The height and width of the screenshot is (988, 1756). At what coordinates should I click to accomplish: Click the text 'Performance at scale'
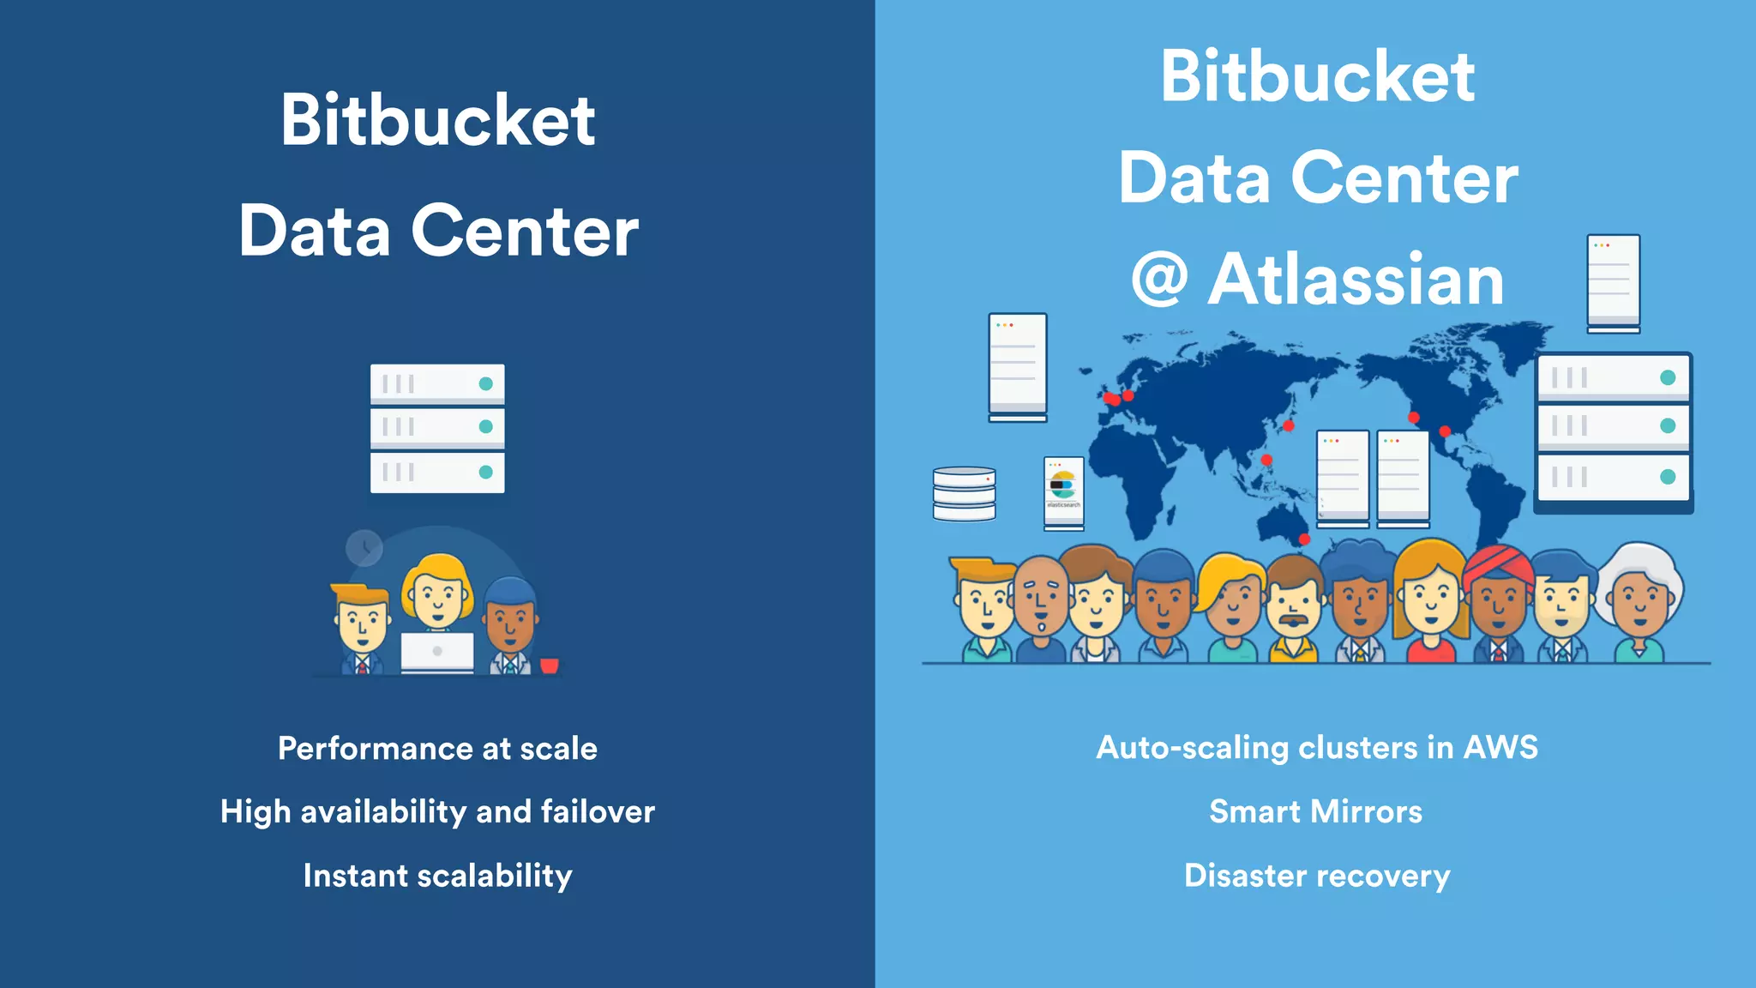[x=437, y=749]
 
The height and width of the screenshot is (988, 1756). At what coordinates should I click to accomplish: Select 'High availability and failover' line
[x=437, y=811]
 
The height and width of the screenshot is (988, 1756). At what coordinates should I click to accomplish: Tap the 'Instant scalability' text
[x=437, y=876]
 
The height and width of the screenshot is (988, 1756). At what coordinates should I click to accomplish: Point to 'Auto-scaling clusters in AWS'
[x=1317, y=748]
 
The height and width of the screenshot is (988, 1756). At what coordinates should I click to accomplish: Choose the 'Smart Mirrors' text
[x=1315, y=811]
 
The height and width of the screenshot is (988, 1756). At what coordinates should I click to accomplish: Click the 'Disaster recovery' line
[x=1317, y=876]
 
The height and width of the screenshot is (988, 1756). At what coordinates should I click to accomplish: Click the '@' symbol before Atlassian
[x=1159, y=280]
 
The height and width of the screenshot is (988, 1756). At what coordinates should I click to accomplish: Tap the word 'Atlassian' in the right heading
[x=1356, y=280]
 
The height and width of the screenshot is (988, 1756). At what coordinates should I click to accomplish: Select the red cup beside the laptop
[x=550, y=665]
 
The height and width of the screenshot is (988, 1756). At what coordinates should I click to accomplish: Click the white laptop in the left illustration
[x=437, y=652]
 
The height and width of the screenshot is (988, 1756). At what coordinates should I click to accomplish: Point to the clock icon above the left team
[x=364, y=547]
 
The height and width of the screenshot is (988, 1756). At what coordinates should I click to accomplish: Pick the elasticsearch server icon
[x=1063, y=491]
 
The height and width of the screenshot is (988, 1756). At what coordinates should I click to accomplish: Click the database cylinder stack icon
[x=965, y=494]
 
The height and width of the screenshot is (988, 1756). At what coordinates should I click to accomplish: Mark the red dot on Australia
[x=1304, y=539]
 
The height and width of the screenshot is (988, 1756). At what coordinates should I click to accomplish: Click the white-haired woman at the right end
[x=1639, y=600]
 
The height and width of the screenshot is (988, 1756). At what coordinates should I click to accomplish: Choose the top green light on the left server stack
[x=485, y=383]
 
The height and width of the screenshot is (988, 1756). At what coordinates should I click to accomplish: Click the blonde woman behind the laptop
[x=437, y=592]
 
